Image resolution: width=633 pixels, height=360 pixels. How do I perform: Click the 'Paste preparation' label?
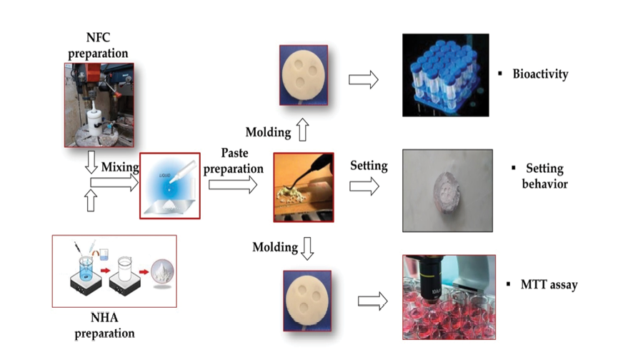click(x=234, y=161)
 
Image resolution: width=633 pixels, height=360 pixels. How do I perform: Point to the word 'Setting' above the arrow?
click(x=369, y=166)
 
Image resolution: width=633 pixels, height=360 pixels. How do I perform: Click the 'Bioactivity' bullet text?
click(x=540, y=74)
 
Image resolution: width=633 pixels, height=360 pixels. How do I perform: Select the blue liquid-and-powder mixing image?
click(x=170, y=186)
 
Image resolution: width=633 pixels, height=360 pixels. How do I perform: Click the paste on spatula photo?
click(x=304, y=187)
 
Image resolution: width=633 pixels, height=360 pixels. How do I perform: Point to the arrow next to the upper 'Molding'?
click(x=302, y=131)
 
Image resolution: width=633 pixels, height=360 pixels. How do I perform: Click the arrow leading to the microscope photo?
click(x=372, y=301)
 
